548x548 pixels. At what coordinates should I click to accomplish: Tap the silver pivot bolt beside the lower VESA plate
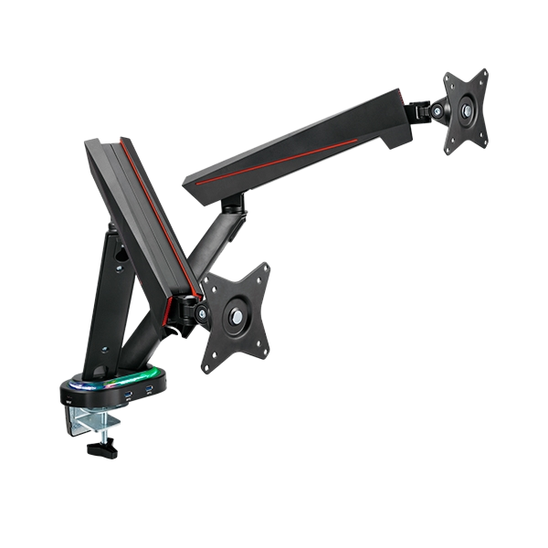click(199, 313)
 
